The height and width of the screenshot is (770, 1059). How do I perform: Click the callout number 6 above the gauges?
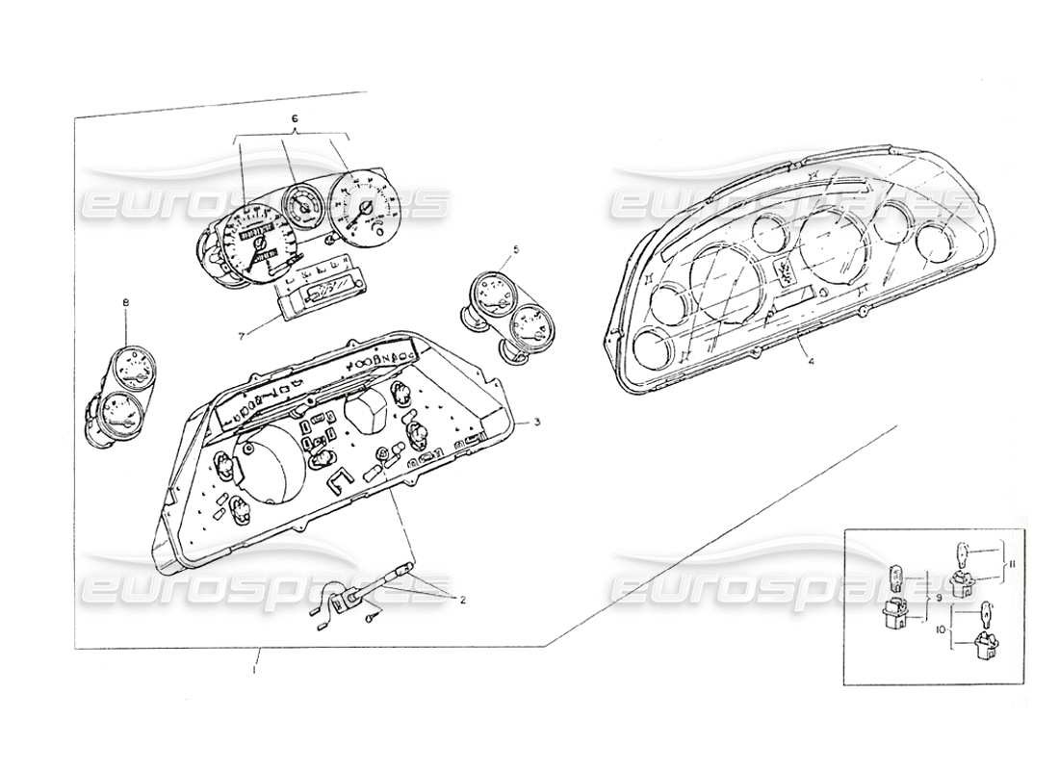tap(295, 118)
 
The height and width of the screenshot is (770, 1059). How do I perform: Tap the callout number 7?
tap(242, 334)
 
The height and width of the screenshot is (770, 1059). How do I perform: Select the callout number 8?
tap(125, 304)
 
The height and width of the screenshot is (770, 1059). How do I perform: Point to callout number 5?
tap(516, 249)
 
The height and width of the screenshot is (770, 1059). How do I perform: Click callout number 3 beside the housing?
tap(538, 423)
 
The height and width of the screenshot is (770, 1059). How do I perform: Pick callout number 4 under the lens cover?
tap(810, 362)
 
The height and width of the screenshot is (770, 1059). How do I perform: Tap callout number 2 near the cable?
tap(462, 601)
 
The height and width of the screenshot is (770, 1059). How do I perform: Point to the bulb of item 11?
tap(965, 554)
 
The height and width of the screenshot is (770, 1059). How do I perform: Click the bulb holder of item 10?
tap(985, 647)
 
